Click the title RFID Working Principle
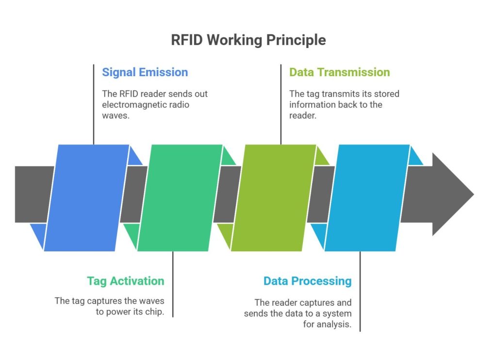(x=248, y=40)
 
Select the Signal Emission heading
(x=145, y=72)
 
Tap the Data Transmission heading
(x=339, y=72)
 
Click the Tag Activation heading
(x=126, y=281)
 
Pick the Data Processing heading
(x=307, y=281)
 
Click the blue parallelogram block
(x=87, y=197)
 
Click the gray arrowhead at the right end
(x=451, y=194)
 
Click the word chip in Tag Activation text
(x=154, y=312)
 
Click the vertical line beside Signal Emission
(x=93, y=104)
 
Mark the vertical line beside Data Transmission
(x=281, y=104)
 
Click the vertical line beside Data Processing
(x=360, y=291)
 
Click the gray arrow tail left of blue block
(x=34, y=194)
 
